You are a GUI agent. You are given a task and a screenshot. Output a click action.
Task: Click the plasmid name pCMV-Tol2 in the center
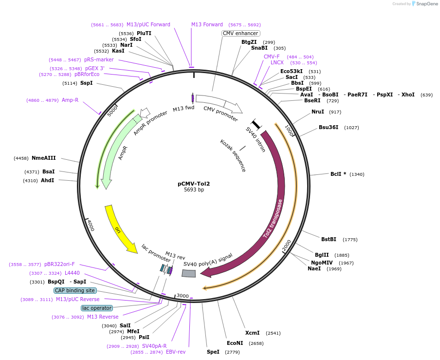[x=194, y=184]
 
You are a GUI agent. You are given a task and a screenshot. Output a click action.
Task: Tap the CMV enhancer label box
[x=240, y=33]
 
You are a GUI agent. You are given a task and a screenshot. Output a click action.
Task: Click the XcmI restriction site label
[x=252, y=333]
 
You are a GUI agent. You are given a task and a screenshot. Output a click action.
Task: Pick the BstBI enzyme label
[x=329, y=239]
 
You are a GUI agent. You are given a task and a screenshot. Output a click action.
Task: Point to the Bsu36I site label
[x=328, y=128]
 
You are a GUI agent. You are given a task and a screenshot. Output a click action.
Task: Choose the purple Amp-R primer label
[x=70, y=100]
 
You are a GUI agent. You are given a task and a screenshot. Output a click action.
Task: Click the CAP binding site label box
[x=74, y=290]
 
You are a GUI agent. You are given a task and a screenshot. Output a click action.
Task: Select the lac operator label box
[x=96, y=308]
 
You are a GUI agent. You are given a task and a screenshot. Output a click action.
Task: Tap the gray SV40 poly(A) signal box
[x=188, y=273]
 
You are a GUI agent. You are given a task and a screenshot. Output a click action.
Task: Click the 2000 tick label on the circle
[x=287, y=245]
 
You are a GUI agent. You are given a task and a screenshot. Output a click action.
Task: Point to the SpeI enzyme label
[x=213, y=352]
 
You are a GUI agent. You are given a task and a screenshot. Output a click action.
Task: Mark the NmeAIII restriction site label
[x=44, y=158]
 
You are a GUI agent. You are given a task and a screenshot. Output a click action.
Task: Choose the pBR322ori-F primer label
[x=59, y=265]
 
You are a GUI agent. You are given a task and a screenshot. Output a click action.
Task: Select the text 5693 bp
[x=194, y=190]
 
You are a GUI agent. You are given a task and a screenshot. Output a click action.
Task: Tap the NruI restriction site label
[x=318, y=112]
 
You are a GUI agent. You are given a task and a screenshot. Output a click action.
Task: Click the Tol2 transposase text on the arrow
[x=273, y=219]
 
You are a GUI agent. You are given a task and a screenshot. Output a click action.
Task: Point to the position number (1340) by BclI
[x=357, y=174]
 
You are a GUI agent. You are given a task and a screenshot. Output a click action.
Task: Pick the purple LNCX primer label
[x=277, y=63]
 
